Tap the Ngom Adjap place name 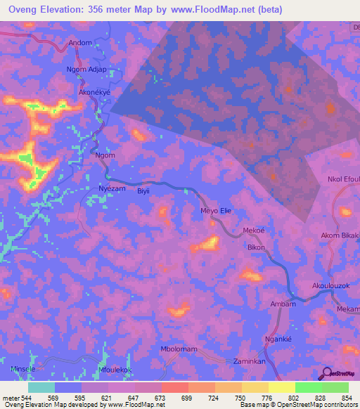[86, 70]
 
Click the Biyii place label [143, 190]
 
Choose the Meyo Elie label [216, 211]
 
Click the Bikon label [256, 249]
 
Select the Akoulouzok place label [331, 286]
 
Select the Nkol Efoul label [343, 180]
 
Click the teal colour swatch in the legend [41, 387]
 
